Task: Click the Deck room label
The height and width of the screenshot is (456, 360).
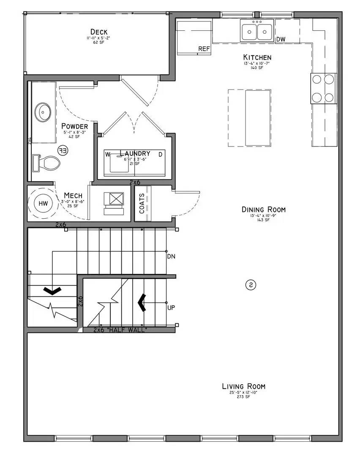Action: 99,32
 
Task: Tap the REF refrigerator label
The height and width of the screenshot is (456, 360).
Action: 204,49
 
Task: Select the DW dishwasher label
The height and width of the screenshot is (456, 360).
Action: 281,40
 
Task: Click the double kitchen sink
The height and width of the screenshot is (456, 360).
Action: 257,31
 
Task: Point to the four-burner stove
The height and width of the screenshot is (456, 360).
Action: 323,88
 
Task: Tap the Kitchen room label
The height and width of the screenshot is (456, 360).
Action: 257,57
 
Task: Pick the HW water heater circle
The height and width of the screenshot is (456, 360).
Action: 43,204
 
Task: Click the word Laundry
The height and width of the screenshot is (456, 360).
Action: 135,153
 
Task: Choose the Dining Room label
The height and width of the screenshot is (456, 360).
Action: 263,209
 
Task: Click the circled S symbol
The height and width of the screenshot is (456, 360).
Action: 250,285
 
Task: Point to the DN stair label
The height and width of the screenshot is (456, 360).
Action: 171,256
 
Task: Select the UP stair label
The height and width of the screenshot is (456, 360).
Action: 171,307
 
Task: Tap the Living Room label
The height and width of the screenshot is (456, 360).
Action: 244,386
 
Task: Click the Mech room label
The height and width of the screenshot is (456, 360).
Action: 73,195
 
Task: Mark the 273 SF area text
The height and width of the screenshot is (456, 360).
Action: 244,397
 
